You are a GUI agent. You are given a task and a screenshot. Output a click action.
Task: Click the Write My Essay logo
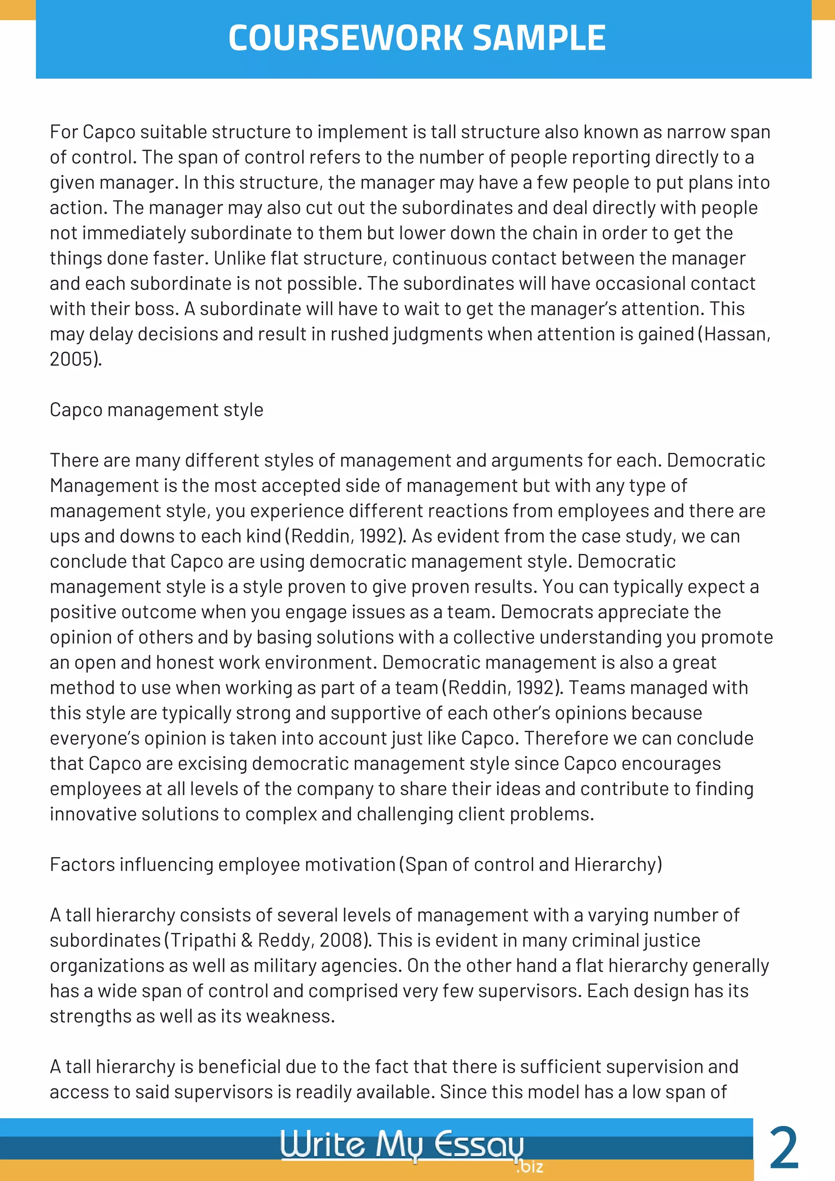click(402, 1144)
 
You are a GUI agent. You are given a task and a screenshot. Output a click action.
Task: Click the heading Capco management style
click(156, 410)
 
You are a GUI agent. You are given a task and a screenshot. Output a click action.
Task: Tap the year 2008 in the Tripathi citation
click(341, 940)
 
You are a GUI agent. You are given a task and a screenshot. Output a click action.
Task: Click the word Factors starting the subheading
click(82, 865)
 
